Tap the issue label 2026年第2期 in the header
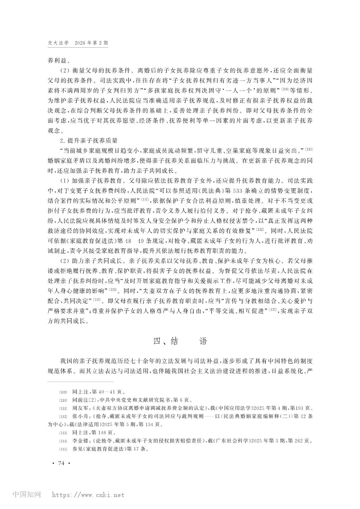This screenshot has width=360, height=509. [x=92, y=43]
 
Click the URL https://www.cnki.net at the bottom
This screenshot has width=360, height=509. [x=87, y=495]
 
